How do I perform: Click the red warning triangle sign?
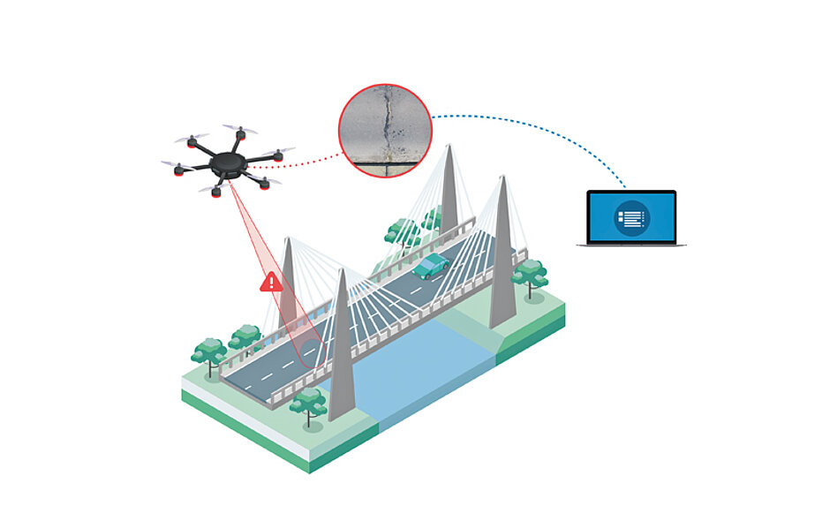pos(271,283)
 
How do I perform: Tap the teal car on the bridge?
pos(432,266)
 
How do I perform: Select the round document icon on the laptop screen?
pos(631,216)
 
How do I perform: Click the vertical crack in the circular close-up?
pos(386,124)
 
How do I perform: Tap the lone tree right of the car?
pos(530,274)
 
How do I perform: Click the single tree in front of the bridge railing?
pos(308,403)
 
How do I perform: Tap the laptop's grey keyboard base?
pos(631,243)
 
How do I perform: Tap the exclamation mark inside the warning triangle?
pos(271,283)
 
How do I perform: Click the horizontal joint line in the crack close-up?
pos(386,161)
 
